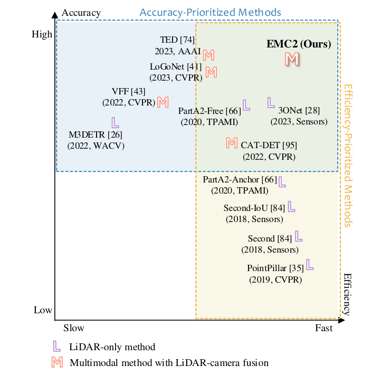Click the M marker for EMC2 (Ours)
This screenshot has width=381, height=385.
[x=292, y=59]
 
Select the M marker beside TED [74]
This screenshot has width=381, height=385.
[x=209, y=54]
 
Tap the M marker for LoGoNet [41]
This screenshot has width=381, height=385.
[x=211, y=71]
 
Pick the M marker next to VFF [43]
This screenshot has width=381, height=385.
[x=163, y=102]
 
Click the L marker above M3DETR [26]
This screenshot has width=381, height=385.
[x=115, y=122]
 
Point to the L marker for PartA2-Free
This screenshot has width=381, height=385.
[x=246, y=105]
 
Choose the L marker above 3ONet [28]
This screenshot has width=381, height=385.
[x=271, y=102]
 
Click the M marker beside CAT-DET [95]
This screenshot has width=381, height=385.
[x=231, y=142]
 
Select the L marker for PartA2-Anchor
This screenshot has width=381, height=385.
[x=282, y=182]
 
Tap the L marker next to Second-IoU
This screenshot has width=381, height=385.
[x=291, y=206]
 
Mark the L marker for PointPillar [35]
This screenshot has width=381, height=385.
[x=310, y=264]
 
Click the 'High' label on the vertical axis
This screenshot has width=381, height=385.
[x=42, y=35]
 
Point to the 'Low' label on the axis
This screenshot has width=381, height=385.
[x=43, y=310]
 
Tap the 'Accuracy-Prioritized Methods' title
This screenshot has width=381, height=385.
[x=210, y=12]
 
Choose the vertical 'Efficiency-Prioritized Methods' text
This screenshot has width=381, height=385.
[x=348, y=156]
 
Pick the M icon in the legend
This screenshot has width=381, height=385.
[x=56, y=362]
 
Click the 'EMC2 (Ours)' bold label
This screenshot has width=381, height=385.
[x=299, y=44]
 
